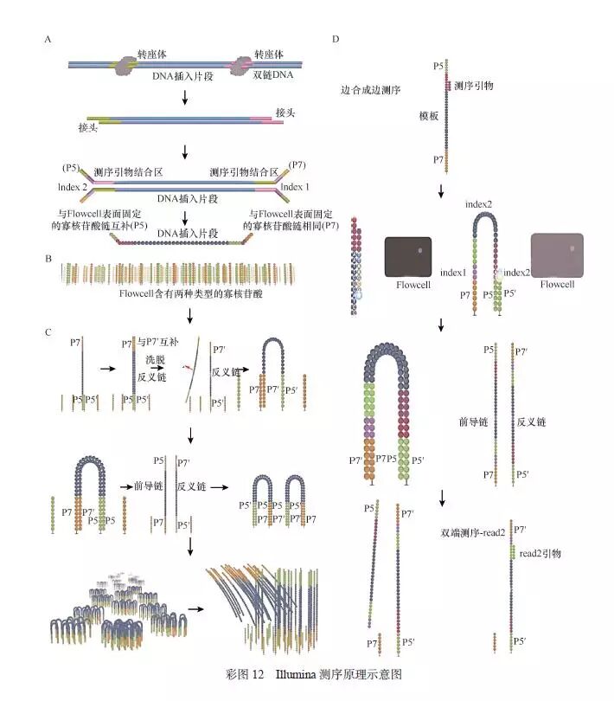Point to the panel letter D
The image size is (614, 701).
coord(336,40)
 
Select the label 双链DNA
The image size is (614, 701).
coord(273,77)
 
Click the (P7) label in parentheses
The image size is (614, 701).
coord(297,164)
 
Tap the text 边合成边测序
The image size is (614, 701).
coord(374,89)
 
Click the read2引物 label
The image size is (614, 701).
coord(541,552)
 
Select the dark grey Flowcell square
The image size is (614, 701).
coord(407,256)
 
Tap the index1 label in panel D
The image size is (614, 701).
coord(453,273)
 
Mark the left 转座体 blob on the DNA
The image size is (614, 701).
coord(126,65)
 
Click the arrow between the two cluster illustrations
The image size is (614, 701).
coord(196,608)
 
